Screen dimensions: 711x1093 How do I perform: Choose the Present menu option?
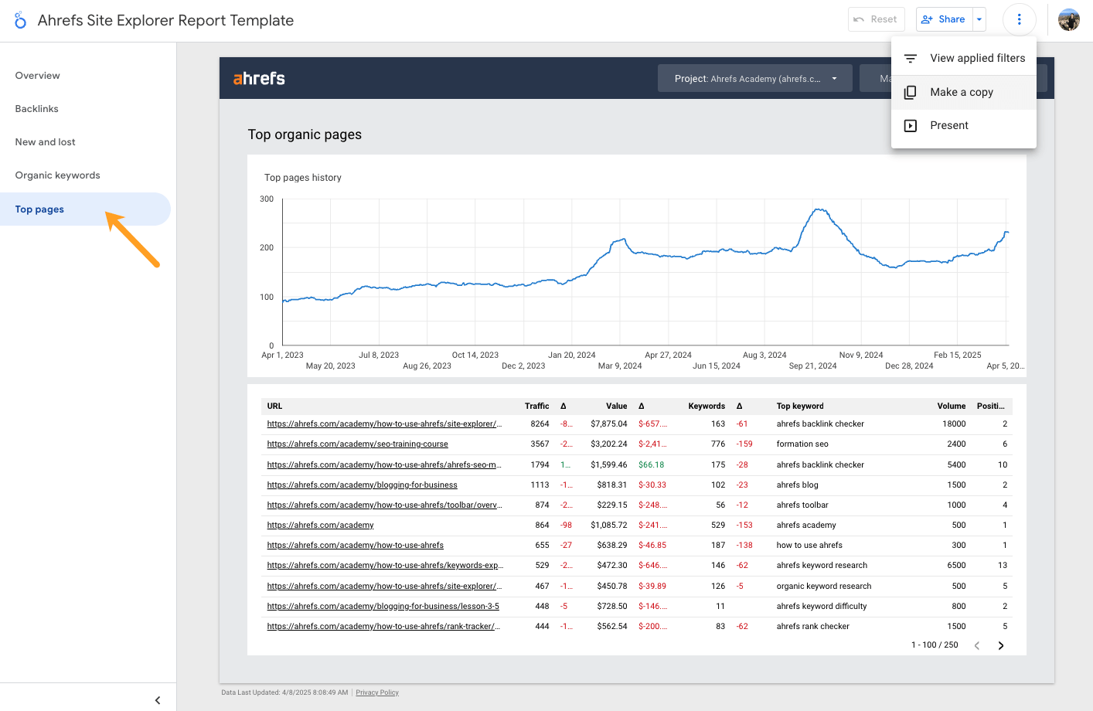tap(949, 125)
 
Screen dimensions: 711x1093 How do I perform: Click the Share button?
tap(943, 19)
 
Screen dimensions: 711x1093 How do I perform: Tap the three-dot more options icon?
tap(1019, 19)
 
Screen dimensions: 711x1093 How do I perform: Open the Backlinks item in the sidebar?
tap(37, 109)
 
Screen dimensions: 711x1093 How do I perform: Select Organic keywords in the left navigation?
tap(58, 175)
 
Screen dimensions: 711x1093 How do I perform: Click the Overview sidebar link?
tap(38, 76)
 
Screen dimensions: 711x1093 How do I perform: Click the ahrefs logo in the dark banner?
tap(259, 78)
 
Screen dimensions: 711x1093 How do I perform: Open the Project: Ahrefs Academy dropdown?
tap(754, 78)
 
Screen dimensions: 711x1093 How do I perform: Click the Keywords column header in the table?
tap(706, 406)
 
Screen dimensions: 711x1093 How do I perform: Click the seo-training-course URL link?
tap(357, 444)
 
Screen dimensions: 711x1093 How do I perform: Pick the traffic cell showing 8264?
tap(540, 424)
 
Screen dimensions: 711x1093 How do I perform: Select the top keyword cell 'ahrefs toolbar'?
tap(802, 505)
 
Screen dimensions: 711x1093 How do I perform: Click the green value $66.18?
tap(651, 464)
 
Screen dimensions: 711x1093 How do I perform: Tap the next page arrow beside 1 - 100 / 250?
tap(1001, 645)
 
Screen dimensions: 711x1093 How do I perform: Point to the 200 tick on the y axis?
tap(267, 247)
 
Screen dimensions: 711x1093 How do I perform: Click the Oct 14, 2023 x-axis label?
tap(475, 355)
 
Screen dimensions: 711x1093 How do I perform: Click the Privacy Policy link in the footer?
tap(377, 692)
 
